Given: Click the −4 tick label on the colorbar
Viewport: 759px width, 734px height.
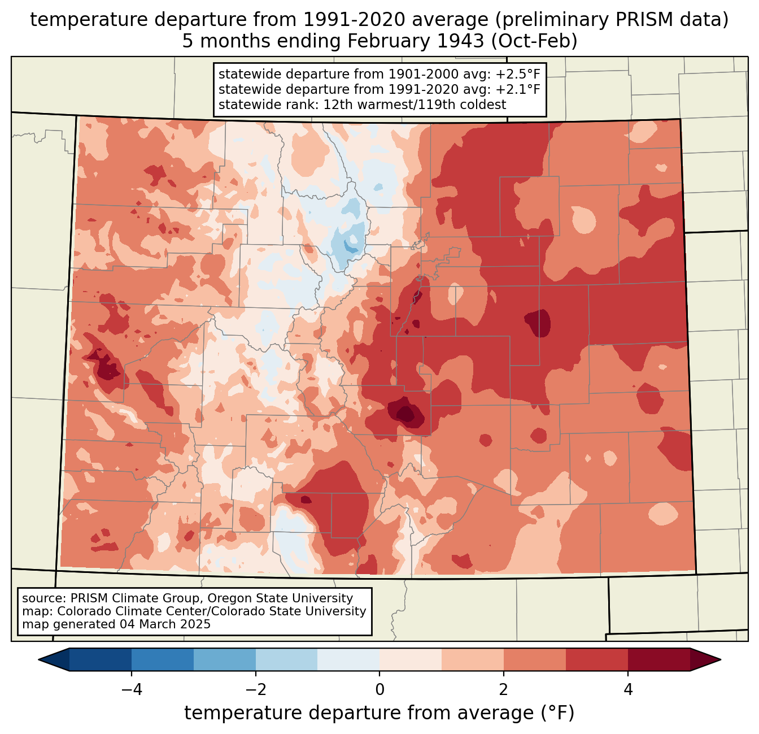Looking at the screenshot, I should tap(131, 690).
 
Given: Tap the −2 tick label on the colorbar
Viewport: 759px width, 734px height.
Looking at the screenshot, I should tap(255, 690).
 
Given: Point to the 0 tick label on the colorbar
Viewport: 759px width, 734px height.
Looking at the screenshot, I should tap(380, 690).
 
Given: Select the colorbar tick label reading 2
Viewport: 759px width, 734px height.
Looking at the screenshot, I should tap(504, 690).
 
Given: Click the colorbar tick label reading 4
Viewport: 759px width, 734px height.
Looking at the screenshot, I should tap(628, 690).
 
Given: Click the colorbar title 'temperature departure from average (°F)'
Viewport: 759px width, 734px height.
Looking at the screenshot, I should tap(380, 713).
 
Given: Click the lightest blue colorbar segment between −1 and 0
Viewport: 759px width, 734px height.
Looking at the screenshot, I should tap(348, 659).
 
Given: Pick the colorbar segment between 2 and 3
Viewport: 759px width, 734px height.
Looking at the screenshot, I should tap(535, 659).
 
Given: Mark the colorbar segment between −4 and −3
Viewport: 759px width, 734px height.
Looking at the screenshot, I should tap(163, 659).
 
